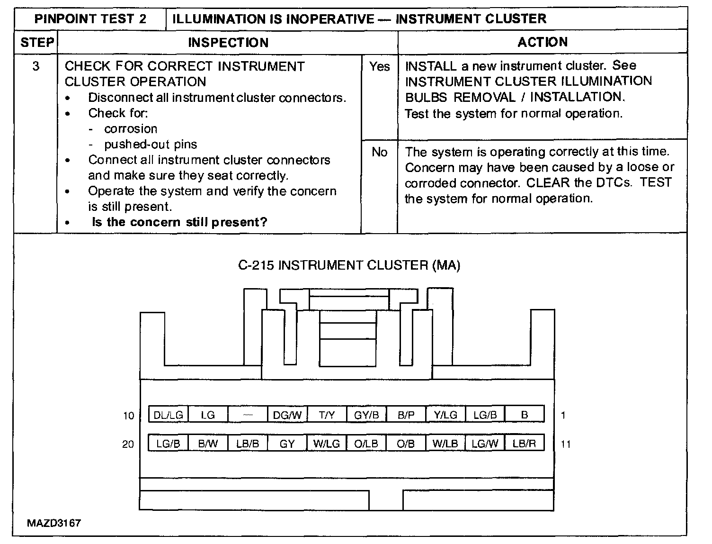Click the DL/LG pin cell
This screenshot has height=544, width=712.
pos(168,415)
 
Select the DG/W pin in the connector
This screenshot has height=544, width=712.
pos(287,415)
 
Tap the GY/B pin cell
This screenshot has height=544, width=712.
pos(366,415)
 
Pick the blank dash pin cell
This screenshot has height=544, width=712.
pos(248,415)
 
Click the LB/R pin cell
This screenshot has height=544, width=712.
pos(524,444)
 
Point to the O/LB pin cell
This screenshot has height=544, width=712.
pos(366,444)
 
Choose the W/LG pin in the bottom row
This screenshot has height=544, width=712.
pos(327,444)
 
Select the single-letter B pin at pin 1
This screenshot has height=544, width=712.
pos(524,415)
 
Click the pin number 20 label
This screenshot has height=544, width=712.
pos(128,444)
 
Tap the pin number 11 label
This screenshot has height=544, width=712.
pos(565,444)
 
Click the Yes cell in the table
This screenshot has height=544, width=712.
pos(379,66)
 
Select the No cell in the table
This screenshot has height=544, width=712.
pos(379,152)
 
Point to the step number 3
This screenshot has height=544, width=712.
pos(36,66)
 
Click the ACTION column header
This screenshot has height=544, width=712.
pos(543,42)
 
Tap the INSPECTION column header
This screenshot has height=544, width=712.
pos(228,43)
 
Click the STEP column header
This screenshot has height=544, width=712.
pos(37,43)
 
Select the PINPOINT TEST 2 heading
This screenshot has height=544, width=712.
pos(90,19)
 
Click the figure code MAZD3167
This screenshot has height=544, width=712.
pos(53,523)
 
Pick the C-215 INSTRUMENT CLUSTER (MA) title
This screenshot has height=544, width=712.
pos(349,265)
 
